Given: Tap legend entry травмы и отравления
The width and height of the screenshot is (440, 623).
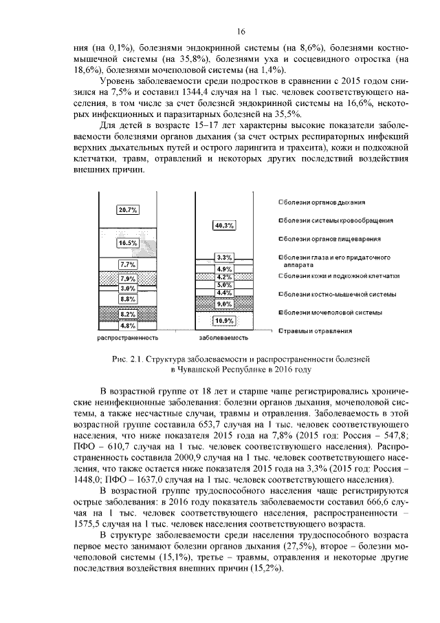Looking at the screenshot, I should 318,331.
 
